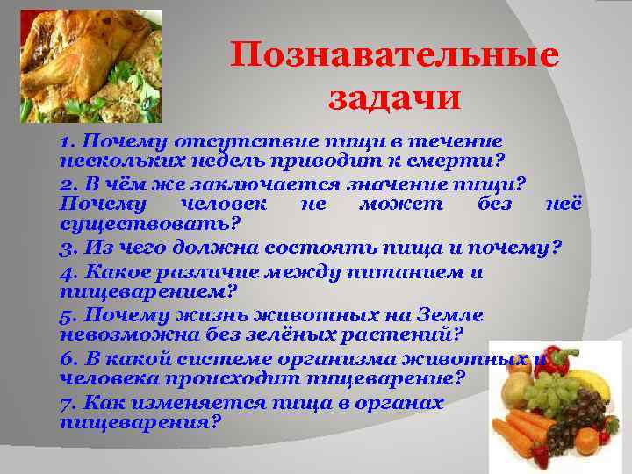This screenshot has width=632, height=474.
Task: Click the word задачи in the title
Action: (394, 97)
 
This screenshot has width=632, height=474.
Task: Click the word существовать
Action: (146, 224)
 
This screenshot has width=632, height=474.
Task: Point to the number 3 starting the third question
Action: (65, 247)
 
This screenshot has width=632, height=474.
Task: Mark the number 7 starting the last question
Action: (66, 403)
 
